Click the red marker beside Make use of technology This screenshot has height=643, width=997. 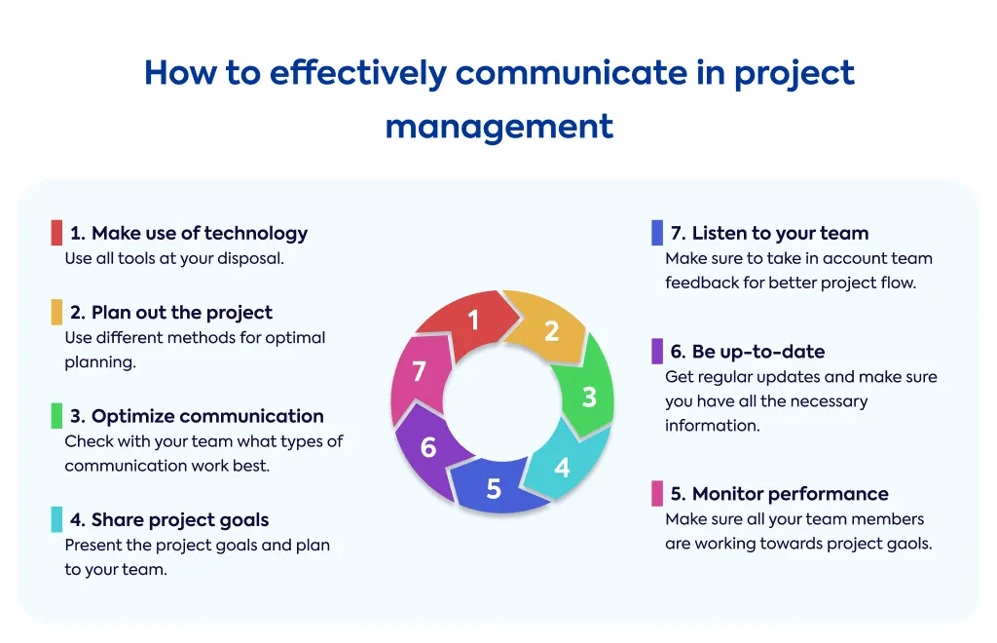[56, 233]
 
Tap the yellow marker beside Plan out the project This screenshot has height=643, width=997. [56, 313]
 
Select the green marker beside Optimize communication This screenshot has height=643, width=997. [56, 416]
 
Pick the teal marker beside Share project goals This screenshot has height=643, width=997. [56, 519]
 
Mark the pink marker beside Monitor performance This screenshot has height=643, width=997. [657, 494]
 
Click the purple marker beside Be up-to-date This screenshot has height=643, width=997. [657, 351]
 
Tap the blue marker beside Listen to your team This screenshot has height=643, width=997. [657, 233]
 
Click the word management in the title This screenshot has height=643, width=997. [499, 127]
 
